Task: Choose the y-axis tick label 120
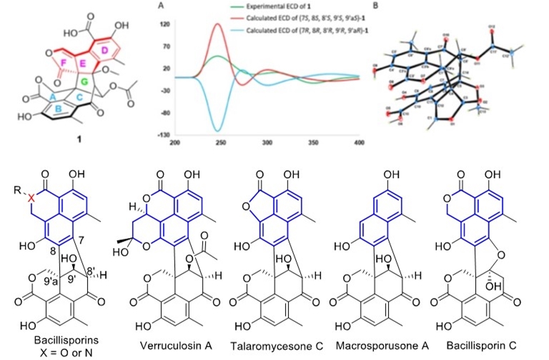[164, 24]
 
